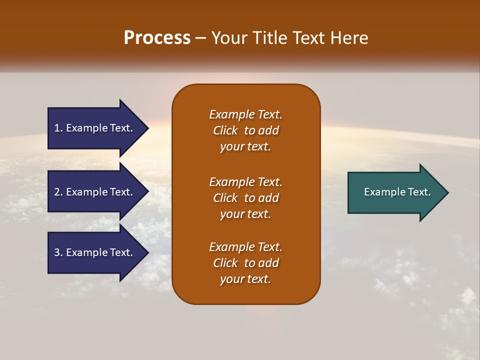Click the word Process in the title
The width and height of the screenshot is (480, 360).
tap(157, 38)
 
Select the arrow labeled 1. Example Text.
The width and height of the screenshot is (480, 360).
tap(95, 128)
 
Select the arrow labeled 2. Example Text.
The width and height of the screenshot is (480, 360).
tap(95, 192)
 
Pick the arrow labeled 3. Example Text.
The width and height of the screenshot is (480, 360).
tap(95, 252)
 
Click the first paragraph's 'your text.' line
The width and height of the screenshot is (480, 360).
tap(245, 147)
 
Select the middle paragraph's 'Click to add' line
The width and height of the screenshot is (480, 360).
tap(245, 198)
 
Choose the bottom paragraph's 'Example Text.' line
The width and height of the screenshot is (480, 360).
tap(245, 247)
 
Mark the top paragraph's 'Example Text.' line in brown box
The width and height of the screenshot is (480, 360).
tap(245, 114)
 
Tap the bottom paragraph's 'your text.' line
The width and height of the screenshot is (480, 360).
tap(245, 279)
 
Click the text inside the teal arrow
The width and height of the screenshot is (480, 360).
tap(397, 192)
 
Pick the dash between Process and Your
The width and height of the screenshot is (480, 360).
tap(200, 38)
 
